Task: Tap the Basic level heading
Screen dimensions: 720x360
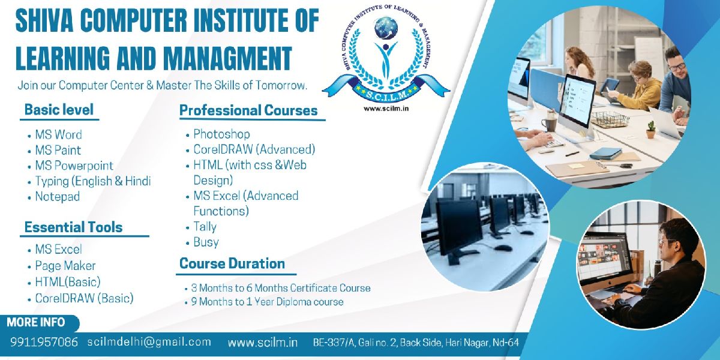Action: click(x=59, y=110)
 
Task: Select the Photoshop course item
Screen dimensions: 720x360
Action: click(x=221, y=134)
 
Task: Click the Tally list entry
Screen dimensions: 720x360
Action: click(x=205, y=227)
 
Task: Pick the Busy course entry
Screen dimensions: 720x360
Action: click(x=206, y=242)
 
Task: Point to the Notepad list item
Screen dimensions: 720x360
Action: click(x=58, y=197)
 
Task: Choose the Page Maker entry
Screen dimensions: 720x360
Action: click(x=65, y=266)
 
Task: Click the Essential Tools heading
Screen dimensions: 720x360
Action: click(x=74, y=227)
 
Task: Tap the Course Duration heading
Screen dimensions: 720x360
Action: click(x=232, y=263)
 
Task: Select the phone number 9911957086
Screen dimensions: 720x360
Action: click(x=44, y=342)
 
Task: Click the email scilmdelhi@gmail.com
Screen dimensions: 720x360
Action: click(x=149, y=342)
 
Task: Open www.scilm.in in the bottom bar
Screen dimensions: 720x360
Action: click(x=263, y=343)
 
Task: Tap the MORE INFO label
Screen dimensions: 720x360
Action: click(x=35, y=322)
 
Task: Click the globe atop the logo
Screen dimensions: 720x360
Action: click(x=386, y=28)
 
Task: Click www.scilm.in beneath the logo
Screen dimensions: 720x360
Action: click(x=386, y=109)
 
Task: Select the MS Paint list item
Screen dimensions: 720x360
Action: click(x=58, y=151)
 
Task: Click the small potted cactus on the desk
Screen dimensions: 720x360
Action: click(x=650, y=129)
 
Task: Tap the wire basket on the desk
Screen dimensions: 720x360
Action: click(x=610, y=119)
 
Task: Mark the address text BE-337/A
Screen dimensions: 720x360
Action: click(x=334, y=343)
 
